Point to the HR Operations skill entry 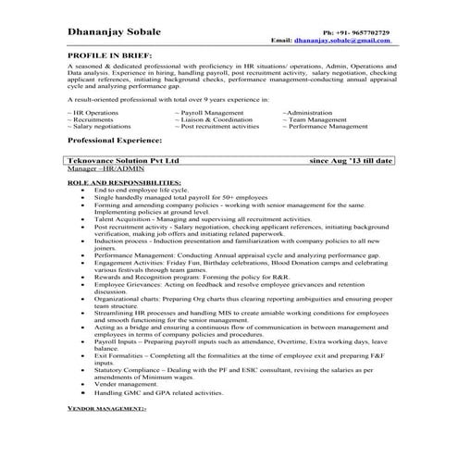pos(94,111)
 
